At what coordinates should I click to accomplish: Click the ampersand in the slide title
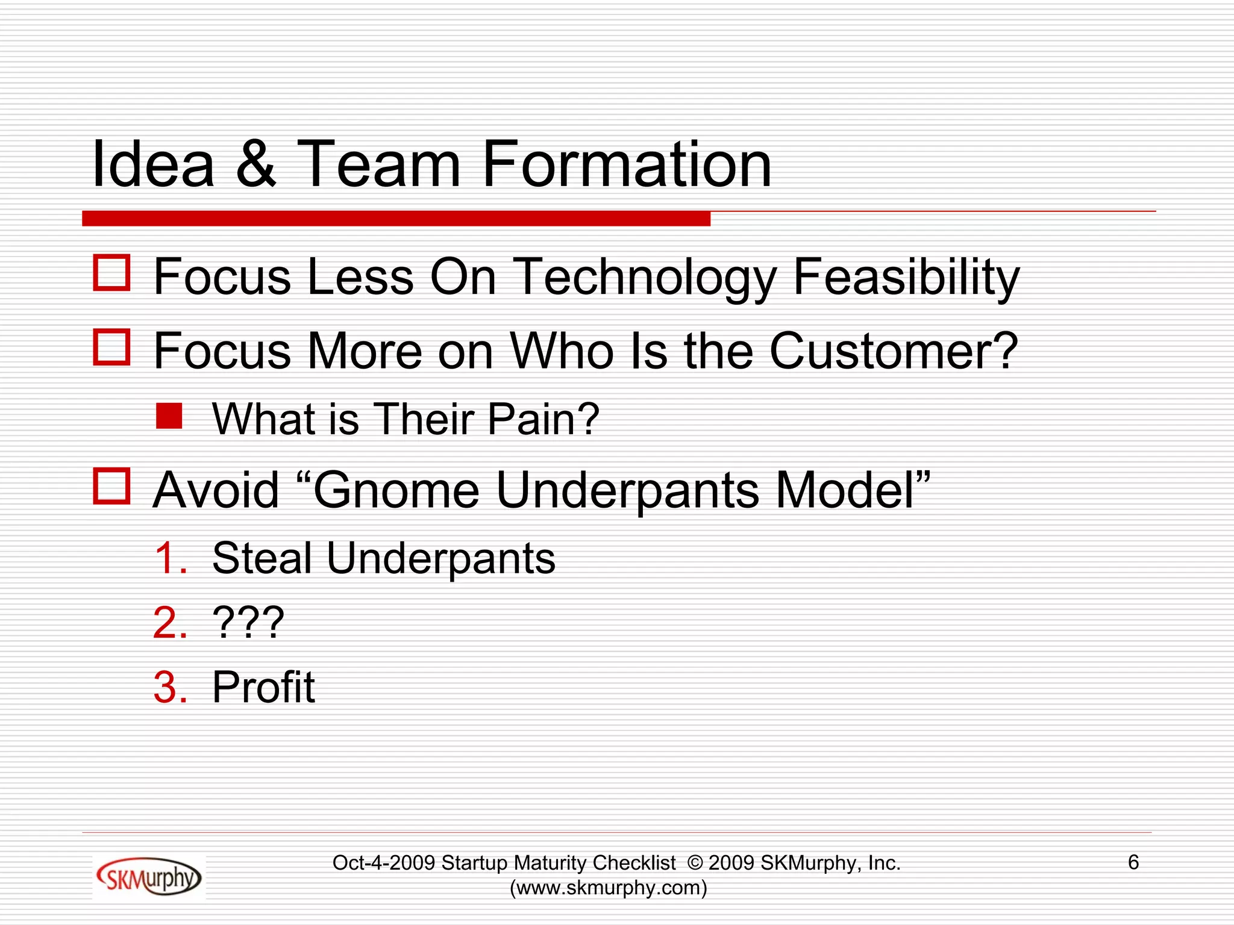click(x=256, y=164)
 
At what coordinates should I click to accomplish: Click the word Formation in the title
click(x=627, y=164)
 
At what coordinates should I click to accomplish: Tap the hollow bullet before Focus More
click(x=112, y=347)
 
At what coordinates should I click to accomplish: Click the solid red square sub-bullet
click(x=169, y=416)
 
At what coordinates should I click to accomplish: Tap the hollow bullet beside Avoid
click(x=112, y=486)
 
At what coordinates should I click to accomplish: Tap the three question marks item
click(x=248, y=623)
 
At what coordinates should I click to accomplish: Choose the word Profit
click(x=263, y=687)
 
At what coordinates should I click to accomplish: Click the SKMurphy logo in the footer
click(x=149, y=877)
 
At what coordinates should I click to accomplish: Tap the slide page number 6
click(x=1133, y=862)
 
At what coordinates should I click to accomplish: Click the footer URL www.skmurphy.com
click(x=609, y=888)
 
